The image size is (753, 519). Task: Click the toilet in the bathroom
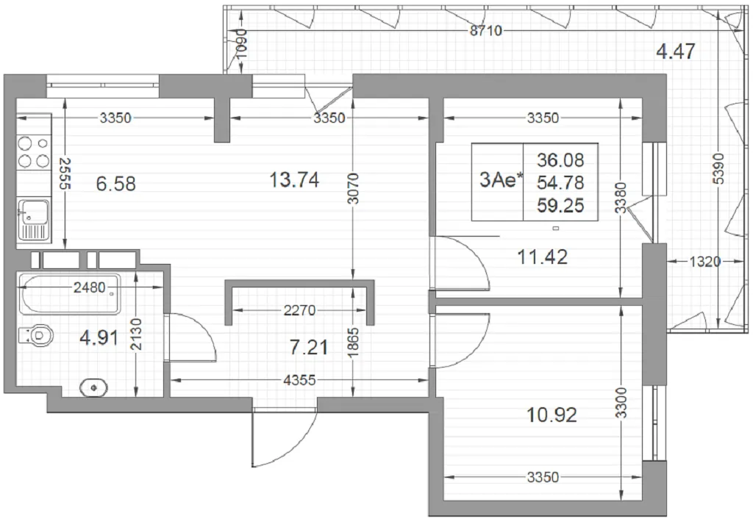click(37, 335)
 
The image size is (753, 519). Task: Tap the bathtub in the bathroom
click(69, 294)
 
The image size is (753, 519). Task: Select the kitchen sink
click(34, 219)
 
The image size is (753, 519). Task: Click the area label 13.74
click(294, 180)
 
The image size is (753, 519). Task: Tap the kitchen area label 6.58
click(115, 183)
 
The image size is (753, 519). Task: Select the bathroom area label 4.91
click(99, 338)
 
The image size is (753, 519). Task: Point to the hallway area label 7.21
click(309, 347)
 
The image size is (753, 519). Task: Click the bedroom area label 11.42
click(542, 257)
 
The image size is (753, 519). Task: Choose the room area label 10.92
click(552, 415)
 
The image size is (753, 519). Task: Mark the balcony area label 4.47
click(675, 51)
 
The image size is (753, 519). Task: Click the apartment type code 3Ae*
click(501, 181)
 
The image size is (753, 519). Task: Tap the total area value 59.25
click(560, 206)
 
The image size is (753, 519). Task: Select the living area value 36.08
click(560, 160)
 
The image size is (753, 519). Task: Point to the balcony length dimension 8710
click(485, 31)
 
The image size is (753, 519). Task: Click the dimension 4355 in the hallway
click(300, 380)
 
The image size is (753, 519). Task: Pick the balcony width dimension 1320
click(705, 262)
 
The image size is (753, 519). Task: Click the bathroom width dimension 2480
click(89, 287)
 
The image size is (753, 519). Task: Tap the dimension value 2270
click(300, 311)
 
